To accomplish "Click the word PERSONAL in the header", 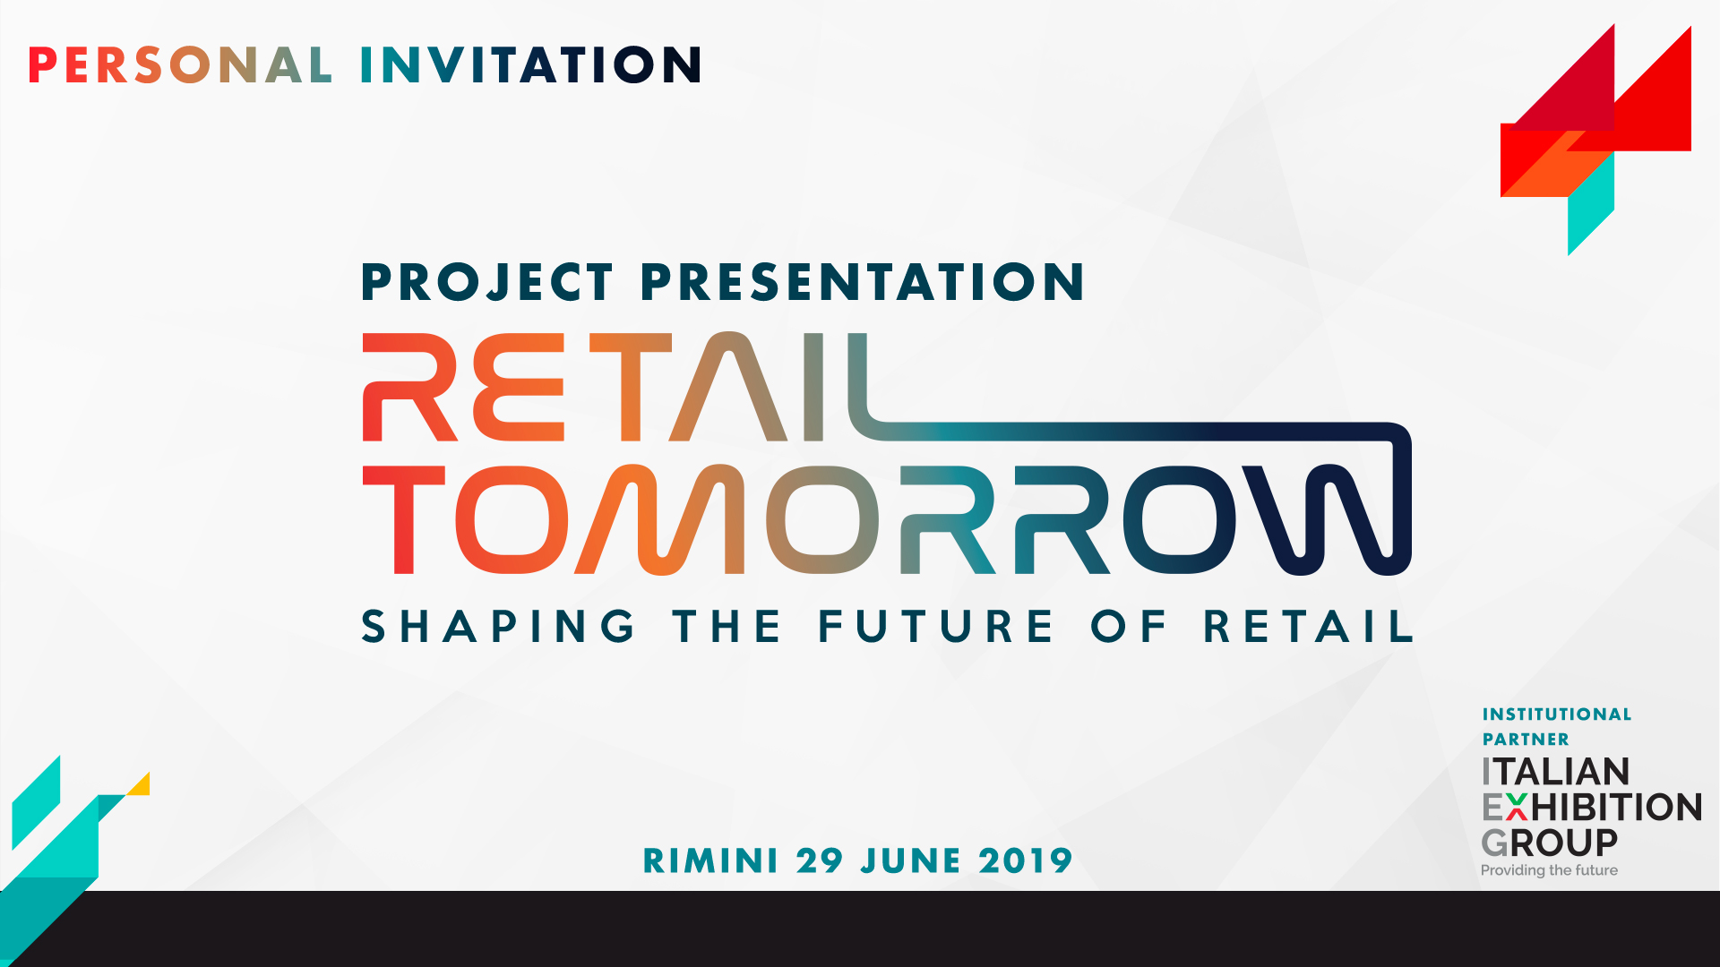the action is point(181,65).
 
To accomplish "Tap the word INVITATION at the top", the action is point(531,65).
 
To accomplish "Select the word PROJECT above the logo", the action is point(487,282).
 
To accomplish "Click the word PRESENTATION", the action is point(863,282).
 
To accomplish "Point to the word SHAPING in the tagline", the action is point(499,626).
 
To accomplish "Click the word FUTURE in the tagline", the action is point(936,626).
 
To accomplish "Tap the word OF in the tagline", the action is point(1129,626).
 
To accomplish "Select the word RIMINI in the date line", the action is point(710,860).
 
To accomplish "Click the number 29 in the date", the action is point(820,860).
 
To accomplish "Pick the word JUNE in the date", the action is point(911,860).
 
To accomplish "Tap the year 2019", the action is point(1026,860).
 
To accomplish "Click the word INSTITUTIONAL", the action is point(1557,715).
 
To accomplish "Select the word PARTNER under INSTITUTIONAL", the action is point(1526,740).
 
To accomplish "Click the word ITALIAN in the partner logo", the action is point(1555,772).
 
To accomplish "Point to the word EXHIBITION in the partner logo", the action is point(1592,808).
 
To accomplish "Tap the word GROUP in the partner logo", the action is point(1549,843).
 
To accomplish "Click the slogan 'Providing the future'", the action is point(1549,870).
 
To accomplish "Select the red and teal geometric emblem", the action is point(1595,140).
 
